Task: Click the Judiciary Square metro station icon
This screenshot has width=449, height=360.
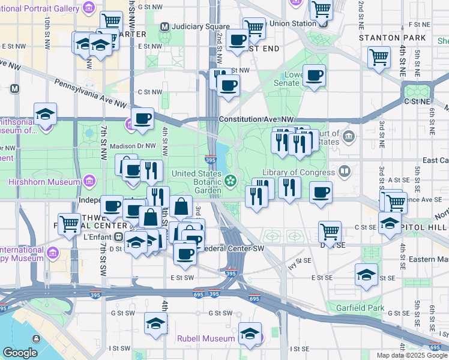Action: pos(164,26)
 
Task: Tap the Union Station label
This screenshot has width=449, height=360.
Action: pos(292,23)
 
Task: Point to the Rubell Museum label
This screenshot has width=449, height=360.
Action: pos(205,338)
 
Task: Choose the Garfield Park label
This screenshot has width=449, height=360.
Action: pos(376,308)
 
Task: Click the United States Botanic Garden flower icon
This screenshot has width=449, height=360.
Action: pos(230,180)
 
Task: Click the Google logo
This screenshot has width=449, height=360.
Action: pos(20,353)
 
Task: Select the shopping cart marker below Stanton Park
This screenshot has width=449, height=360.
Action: pos(379,57)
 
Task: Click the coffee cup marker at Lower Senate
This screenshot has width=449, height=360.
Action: pos(314,76)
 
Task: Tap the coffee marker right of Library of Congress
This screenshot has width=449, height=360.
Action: pos(321,192)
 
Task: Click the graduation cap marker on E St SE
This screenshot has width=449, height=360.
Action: pos(366,274)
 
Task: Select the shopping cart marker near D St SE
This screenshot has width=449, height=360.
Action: pos(330,231)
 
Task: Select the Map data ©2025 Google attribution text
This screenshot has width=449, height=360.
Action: pos(411,355)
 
